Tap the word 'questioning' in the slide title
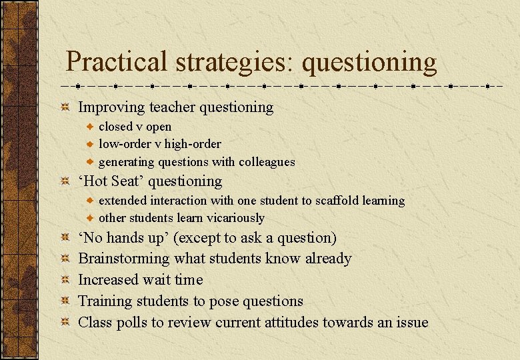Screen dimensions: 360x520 (x=369, y=63)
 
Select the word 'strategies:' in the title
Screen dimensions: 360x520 (x=235, y=63)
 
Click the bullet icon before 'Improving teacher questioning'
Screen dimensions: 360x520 (x=65, y=107)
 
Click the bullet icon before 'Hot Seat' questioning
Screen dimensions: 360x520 (x=65, y=181)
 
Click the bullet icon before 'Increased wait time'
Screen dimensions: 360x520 (x=65, y=280)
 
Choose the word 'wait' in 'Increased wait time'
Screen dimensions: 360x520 (x=159, y=280)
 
